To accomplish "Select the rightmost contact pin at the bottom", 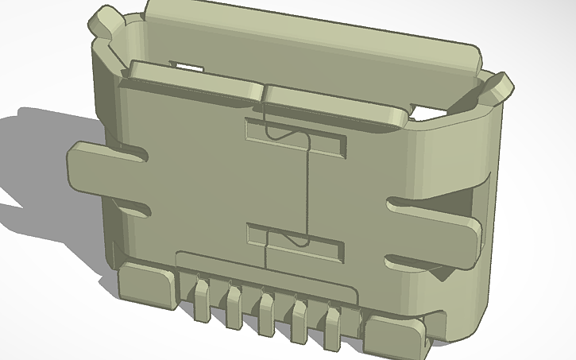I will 333,321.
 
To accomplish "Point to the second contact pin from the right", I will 300,315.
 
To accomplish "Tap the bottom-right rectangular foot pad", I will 394,335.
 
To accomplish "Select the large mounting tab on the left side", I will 103,168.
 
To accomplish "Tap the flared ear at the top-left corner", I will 106,21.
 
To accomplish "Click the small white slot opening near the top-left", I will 184,65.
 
